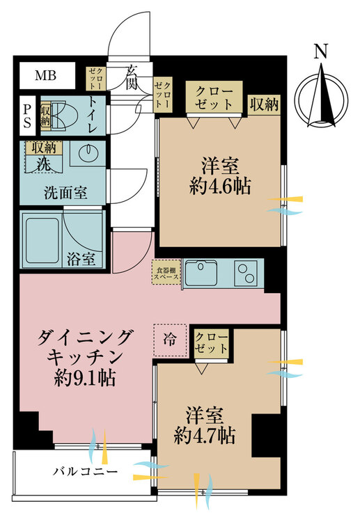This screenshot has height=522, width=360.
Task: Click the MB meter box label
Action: [x=46, y=76]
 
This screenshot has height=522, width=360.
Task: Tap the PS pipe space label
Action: [x=27, y=116]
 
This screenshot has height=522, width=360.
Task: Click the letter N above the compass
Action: [x=321, y=52]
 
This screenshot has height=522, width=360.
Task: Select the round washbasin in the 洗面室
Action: [x=88, y=152]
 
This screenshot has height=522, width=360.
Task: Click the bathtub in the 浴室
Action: [x=42, y=241]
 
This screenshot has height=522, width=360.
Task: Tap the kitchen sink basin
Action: [x=201, y=273]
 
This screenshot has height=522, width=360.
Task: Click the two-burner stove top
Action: [x=246, y=273]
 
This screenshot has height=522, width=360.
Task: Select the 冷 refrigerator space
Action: [x=170, y=340]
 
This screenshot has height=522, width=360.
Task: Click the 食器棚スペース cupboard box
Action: [x=166, y=273]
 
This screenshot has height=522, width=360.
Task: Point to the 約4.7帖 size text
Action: [x=205, y=435]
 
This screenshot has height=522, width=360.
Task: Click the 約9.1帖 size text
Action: [x=85, y=378]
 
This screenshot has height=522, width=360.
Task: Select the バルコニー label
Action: [x=85, y=472]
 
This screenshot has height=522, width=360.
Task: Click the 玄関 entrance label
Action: [x=132, y=79]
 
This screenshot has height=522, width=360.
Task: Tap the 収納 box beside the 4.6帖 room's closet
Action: [x=264, y=105]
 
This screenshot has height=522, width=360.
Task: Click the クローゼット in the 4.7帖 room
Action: [x=212, y=344]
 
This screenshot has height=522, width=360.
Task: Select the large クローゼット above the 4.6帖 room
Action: [x=214, y=97]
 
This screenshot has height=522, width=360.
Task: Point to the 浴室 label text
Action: [x=81, y=259]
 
